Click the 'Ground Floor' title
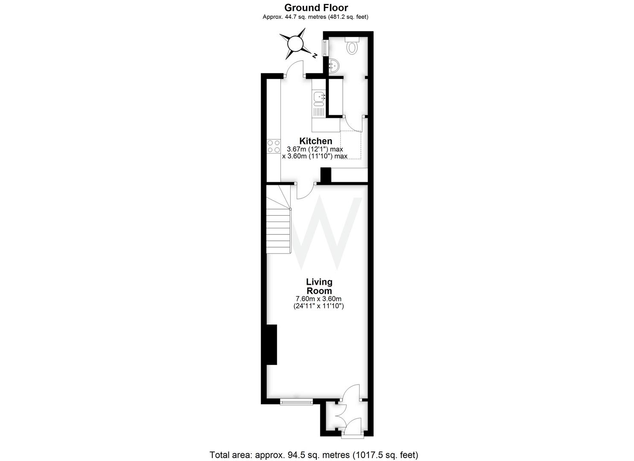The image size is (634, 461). (x=316, y=8)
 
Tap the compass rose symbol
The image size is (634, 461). (x=295, y=44)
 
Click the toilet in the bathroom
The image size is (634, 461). (x=352, y=46)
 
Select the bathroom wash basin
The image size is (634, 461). (x=335, y=65)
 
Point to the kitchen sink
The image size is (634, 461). (x=318, y=98)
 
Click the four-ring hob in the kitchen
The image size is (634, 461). (x=273, y=146)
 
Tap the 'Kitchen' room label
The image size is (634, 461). (x=316, y=141)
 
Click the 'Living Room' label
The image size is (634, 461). (x=319, y=286)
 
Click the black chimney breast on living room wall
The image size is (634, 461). (x=272, y=344)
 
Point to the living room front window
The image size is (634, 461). (x=296, y=401)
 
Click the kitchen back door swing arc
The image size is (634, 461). (x=294, y=69)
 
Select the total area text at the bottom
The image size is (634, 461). (x=314, y=455)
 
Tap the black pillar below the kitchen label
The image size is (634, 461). (x=326, y=175)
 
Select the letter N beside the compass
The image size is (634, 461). (x=314, y=55)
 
